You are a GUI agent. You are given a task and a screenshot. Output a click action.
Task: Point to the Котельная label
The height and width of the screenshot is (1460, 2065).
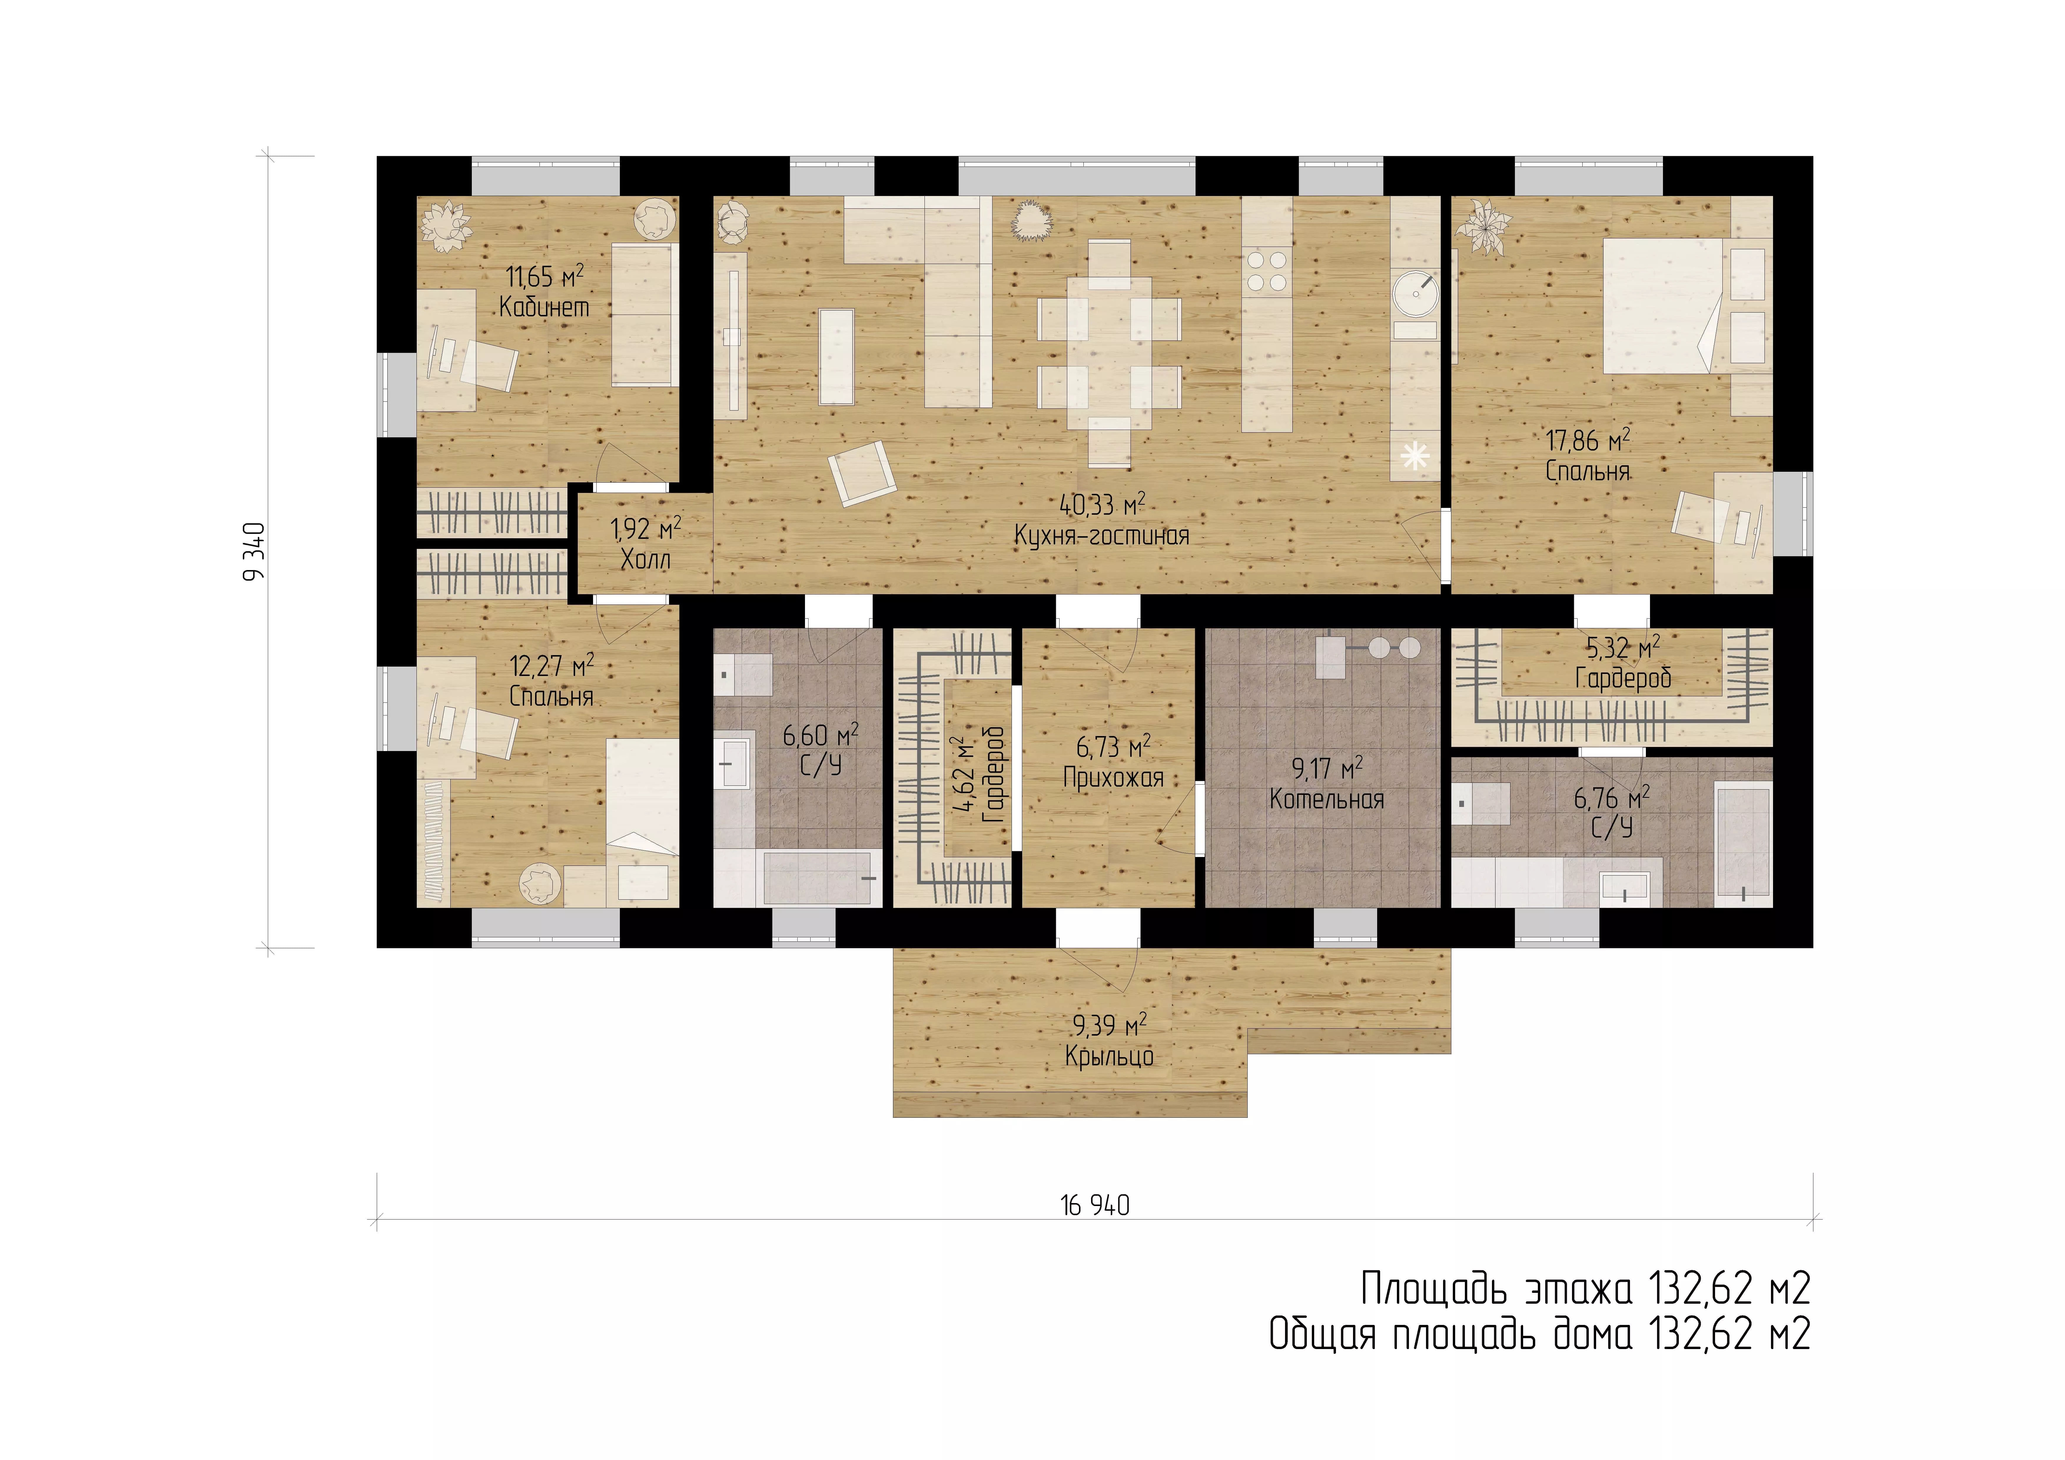point(1327,799)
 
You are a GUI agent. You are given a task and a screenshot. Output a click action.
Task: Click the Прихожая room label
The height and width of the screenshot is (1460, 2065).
point(1113,777)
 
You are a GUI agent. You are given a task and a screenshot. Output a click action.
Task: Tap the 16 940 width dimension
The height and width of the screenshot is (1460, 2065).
point(1095,1205)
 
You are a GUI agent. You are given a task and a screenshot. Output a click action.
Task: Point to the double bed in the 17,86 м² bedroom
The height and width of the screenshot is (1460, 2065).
point(1663,305)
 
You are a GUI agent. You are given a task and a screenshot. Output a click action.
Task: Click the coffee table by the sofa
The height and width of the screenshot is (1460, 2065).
point(836,356)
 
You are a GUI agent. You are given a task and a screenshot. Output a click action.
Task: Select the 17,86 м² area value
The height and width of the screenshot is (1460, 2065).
point(1587,441)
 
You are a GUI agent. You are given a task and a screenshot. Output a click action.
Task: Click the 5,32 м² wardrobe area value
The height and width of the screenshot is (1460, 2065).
point(1623,648)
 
